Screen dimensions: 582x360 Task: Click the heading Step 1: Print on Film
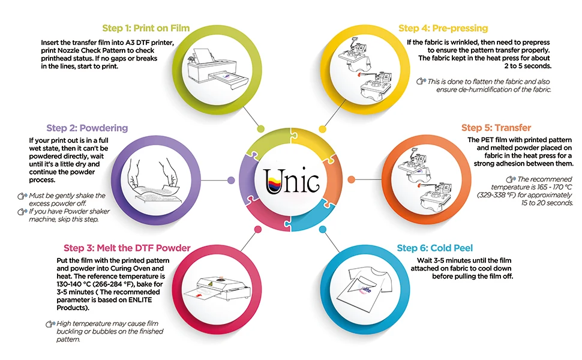coord(146,28)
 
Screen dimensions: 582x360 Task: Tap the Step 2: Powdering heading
coord(87,128)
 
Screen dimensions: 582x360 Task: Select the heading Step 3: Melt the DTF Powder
coord(127,248)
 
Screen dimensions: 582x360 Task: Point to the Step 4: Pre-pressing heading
coord(443,28)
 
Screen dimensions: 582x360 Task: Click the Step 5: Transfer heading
coord(496,128)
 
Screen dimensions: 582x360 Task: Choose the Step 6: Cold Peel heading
coord(435,248)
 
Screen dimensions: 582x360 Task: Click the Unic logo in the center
coord(292,181)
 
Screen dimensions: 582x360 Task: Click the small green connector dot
coord(261,129)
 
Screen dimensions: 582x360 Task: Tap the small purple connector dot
coord(231,181)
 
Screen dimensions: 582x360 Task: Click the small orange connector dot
coord(351,180)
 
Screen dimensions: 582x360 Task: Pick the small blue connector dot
coord(323,229)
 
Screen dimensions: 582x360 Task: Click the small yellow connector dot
coord(323,129)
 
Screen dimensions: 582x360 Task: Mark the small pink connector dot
coord(258,229)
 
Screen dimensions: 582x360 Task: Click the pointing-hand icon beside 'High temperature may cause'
coord(50,324)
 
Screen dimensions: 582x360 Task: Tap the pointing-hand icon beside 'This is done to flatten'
coord(421,81)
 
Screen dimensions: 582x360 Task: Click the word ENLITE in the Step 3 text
coord(140,300)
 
